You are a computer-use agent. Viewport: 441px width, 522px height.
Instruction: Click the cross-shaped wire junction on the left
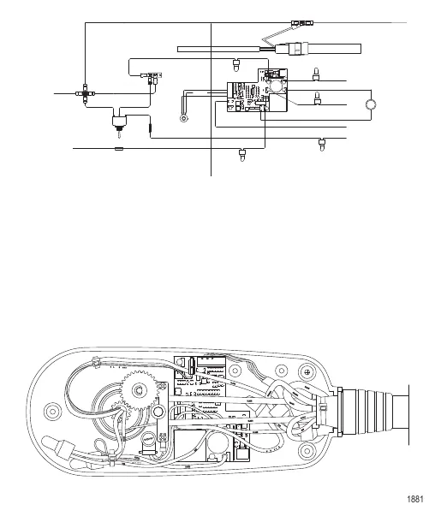point(86,89)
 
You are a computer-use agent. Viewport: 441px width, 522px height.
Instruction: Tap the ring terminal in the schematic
point(183,117)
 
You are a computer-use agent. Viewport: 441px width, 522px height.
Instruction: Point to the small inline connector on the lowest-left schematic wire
point(119,148)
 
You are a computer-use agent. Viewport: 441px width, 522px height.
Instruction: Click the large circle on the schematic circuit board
point(276,90)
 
